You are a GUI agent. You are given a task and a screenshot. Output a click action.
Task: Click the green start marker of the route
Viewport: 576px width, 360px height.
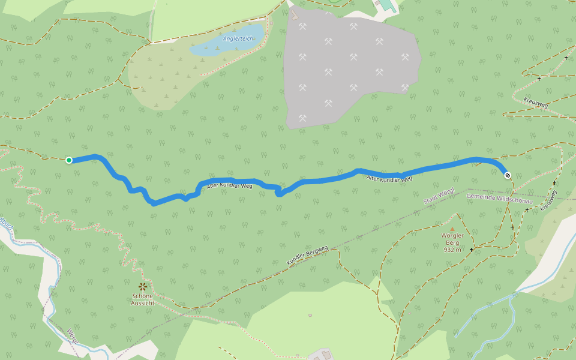pyautogui.click(x=69, y=160)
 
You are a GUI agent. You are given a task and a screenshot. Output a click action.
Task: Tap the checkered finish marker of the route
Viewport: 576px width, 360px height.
pyautogui.click(x=508, y=175)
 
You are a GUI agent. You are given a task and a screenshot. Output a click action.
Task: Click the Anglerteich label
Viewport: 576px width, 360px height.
pyautogui.click(x=238, y=39)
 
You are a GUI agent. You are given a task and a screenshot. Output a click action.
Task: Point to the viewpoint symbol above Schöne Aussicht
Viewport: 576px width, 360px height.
pyautogui.click(x=143, y=287)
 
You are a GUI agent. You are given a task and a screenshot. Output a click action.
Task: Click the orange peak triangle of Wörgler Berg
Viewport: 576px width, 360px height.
pyautogui.click(x=452, y=229)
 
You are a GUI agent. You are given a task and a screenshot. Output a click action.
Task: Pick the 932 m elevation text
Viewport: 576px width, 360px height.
pyautogui.click(x=452, y=250)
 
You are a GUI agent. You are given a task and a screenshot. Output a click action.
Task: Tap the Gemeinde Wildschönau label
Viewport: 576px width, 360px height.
pyautogui.click(x=499, y=197)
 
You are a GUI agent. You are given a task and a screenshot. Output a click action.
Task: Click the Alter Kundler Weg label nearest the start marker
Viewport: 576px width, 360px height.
pyautogui.click(x=229, y=187)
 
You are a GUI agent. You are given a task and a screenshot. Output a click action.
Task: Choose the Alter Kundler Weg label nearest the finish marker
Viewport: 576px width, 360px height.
pyautogui.click(x=389, y=178)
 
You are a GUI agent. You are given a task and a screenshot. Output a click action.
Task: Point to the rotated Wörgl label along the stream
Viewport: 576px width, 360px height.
pyautogui.click(x=73, y=336)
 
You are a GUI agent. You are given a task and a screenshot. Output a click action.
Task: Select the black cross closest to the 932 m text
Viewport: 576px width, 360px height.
pyautogui.click(x=472, y=249)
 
